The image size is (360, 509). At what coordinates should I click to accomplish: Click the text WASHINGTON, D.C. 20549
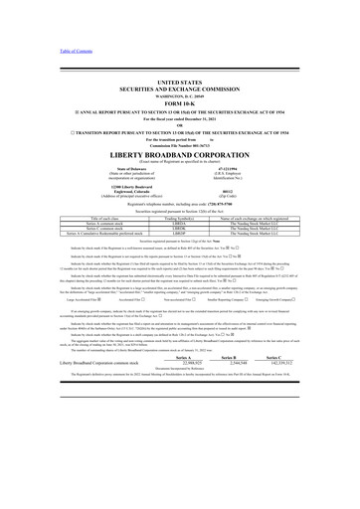(x=180, y=101)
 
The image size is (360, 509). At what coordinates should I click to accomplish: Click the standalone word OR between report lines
(x=180, y=131)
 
